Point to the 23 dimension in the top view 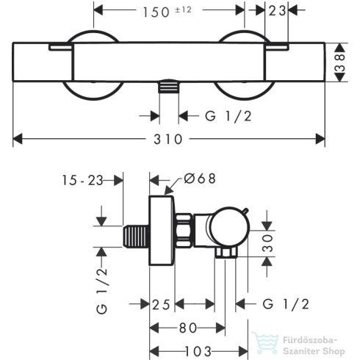click(278, 11)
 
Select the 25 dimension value click(164, 304)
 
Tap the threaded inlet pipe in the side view click(134, 237)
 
